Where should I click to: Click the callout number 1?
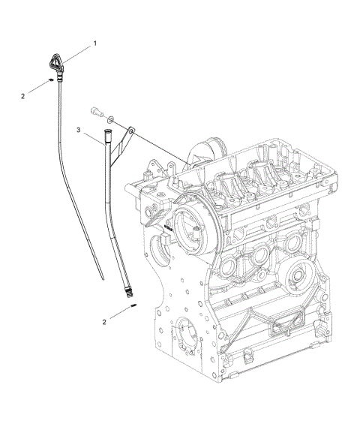(94, 44)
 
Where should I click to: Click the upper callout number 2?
(23, 95)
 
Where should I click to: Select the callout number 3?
(78, 130)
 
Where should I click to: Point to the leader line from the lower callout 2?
(118, 314)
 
